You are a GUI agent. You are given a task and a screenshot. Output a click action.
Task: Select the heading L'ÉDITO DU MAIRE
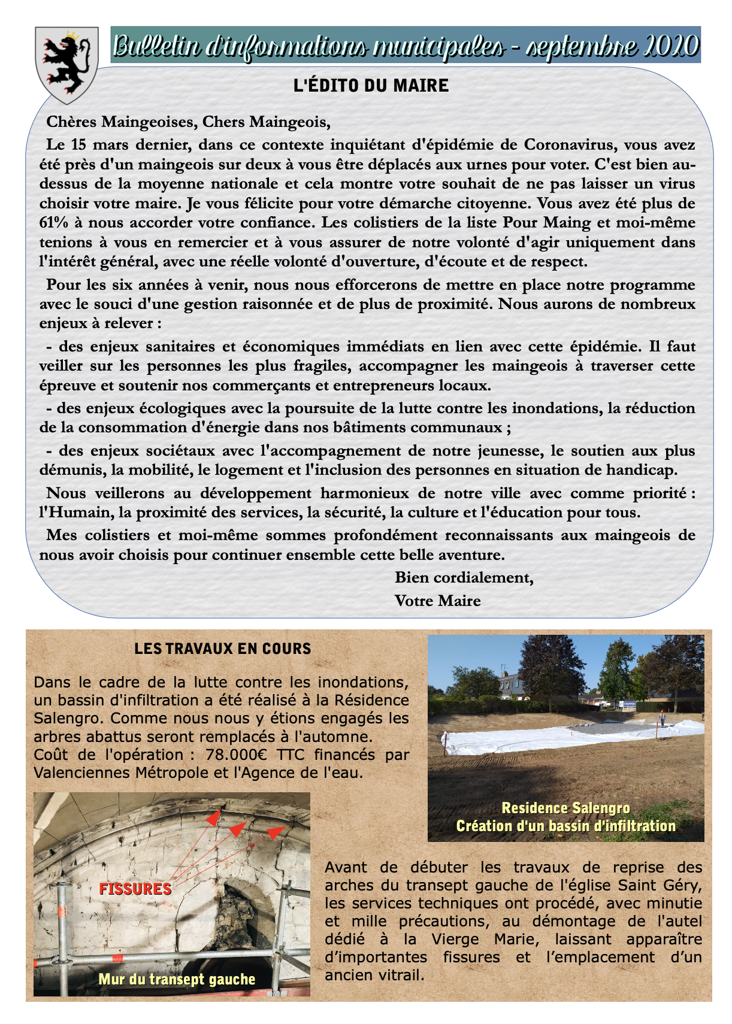click(371, 86)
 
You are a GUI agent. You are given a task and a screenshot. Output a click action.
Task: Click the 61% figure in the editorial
click(53, 223)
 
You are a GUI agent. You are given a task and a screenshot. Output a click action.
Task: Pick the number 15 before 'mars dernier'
click(77, 145)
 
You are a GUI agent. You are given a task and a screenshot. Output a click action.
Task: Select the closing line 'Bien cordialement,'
click(464, 578)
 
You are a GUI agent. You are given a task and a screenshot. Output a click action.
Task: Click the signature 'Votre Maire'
click(437, 601)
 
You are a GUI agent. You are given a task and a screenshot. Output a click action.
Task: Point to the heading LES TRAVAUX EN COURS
click(223, 649)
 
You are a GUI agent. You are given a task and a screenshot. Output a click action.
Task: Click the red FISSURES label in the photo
click(135, 889)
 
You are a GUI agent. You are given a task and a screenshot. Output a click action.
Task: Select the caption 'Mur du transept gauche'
click(177, 980)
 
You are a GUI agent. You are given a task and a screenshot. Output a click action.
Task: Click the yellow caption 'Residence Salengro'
click(565, 808)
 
